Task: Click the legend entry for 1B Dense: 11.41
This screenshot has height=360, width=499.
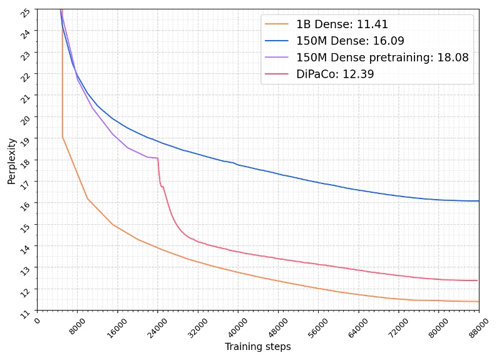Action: pyautogui.click(x=342, y=25)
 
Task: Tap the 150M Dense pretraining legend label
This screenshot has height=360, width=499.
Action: pyautogui.click(x=382, y=58)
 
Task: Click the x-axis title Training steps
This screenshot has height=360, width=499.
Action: pyautogui.click(x=257, y=347)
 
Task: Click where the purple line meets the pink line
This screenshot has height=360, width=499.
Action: pyautogui.click(x=157, y=158)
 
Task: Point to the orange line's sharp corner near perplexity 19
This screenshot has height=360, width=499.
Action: pyautogui.click(x=63, y=137)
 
